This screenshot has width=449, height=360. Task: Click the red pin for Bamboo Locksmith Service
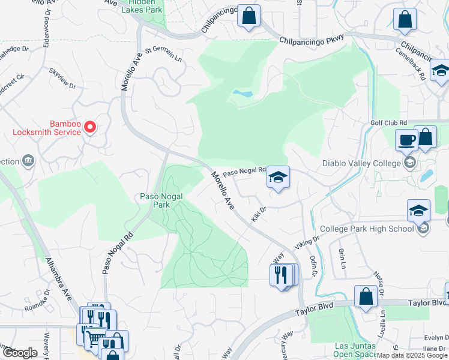pyautogui.click(x=90, y=127)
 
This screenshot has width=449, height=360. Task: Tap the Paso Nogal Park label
pyautogui.click(x=162, y=200)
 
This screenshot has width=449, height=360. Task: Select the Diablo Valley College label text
pyautogui.click(x=361, y=163)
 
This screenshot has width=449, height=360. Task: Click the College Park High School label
pyautogui.click(x=367, y=229)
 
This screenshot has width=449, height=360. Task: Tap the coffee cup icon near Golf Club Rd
pyautogui.click(x=406, y=140)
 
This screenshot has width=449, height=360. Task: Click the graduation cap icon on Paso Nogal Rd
pyautogui.click(x=278, y=178)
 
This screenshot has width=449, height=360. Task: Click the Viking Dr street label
pyautogui.click(x=307, y=242)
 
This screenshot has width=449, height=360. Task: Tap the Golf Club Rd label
pyautogui.click(x=389, y=123)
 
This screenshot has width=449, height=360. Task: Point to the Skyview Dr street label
pyautogui.click(x=63, y=78)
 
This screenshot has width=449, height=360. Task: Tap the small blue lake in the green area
pyautogui.click(x=242, y=94)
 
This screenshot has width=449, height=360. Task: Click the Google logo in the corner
pyautogui.click(x=20, y=352)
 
